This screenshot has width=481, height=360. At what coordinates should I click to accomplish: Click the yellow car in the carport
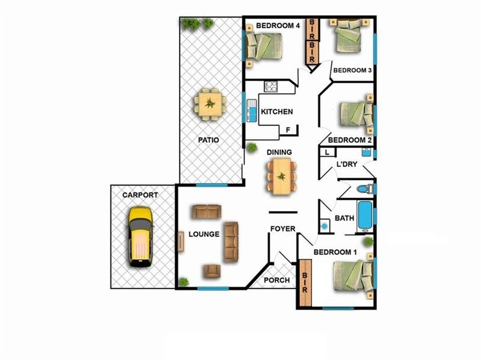[x=141, y=236]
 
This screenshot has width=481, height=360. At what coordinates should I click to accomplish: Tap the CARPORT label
[x=140, y=195]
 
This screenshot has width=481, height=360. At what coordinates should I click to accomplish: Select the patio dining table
[x=210, y=104]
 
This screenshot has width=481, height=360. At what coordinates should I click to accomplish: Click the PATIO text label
[x=208, y=140]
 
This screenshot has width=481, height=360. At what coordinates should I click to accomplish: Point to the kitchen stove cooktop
[x=271, y=86]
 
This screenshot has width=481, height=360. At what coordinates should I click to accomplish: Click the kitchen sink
[x=251, y=110]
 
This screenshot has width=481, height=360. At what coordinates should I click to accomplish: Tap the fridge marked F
[x=289, y=130]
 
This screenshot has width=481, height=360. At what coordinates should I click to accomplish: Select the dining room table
[x=281, y=176]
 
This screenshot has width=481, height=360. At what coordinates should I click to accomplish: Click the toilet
[x=366, y=189]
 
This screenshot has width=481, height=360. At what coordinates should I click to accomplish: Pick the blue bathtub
[x=366, y=216]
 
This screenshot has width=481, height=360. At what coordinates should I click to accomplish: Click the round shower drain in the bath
[x=324, y=226]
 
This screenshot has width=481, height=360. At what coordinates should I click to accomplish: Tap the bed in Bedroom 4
[x=264, y=46]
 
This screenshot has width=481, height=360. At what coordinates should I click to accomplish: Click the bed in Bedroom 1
[x=354, y=275]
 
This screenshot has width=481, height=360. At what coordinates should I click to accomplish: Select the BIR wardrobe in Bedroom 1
[x=305, y=283]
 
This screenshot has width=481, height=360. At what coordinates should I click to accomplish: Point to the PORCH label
[x=277, y=280]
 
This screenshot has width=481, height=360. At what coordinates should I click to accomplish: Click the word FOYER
[x=283, y=229]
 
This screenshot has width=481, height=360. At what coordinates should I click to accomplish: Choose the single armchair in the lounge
[x=212, y=271]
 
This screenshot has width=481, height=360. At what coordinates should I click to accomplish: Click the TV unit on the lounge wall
[x=181, y=242]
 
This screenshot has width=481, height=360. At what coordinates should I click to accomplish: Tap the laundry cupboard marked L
[x=328, y=152]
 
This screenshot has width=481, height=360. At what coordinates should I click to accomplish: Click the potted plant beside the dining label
[x=252, y=148]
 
